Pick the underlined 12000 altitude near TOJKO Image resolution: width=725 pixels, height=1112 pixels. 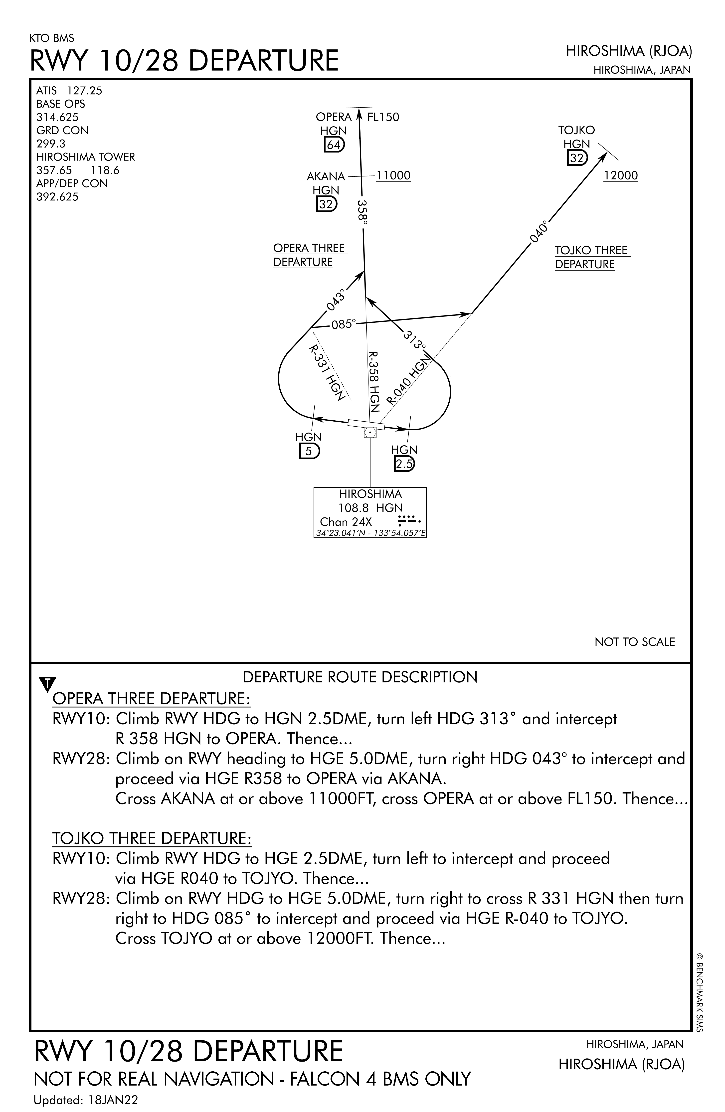(x=621, y=176)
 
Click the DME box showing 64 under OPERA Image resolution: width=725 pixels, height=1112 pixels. (x=334, y=145)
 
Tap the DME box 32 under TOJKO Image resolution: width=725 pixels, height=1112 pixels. (x=577, y=159)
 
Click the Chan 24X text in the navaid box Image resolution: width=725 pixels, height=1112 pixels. (x=346, y=522)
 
